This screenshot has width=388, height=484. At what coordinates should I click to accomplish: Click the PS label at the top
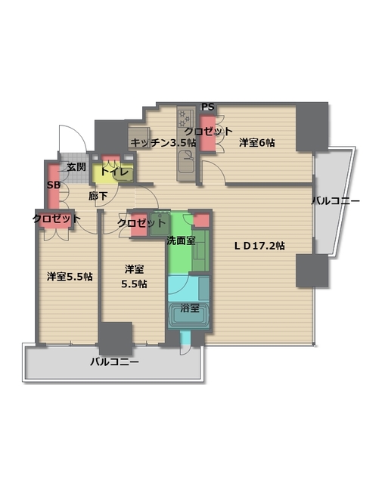[208, 107]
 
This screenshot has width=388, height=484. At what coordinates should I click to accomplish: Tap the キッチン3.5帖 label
[163, 142]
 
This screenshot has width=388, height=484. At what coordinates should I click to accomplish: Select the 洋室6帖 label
[257, 142]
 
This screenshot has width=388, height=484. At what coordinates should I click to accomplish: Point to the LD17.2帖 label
[259, 245]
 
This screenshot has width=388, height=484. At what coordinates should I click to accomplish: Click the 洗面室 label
[181, 240]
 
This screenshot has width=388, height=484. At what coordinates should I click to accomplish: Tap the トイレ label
[113, 172]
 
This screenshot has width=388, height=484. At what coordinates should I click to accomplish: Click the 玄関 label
[76, 166]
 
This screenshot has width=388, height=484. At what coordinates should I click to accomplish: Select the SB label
[54, 185]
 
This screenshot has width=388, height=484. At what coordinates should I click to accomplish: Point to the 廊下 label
[98, 197]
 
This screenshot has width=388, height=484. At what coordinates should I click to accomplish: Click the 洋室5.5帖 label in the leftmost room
[70, 276]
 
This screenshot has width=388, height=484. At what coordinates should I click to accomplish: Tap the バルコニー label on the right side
[335, 201]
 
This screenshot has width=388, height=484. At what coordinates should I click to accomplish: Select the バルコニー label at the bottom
[114, 361]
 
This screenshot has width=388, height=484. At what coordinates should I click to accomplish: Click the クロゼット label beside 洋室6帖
[209, 131]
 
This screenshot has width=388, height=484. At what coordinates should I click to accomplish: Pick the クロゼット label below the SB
[56, 219]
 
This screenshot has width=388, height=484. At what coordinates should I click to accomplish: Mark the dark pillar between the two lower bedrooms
[116, 337]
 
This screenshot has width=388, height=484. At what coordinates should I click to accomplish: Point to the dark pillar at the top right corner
[312, 126]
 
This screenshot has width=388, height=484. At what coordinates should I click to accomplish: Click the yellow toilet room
[113, 173]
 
